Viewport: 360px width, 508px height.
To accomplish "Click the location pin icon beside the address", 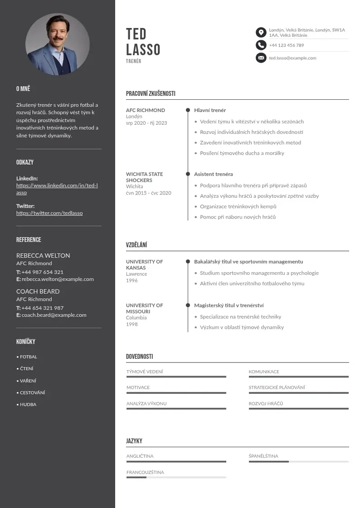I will click(x=261, y=32).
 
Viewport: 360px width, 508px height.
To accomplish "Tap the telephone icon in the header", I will click(x=261, y=45).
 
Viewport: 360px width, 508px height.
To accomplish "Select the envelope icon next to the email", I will click(x=261, y=58).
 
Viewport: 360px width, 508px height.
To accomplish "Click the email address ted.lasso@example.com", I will click(x=292, y=58).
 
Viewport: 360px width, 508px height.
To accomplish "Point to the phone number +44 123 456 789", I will click(x=286, y=45).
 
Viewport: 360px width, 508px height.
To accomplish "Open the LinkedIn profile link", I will click(x=57, y=186).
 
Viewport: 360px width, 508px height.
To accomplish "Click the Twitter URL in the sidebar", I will click(x=49, y=213).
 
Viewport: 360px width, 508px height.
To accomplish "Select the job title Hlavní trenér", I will click(x=210, y=110).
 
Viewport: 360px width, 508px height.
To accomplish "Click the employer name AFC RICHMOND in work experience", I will click(x=146, y=110).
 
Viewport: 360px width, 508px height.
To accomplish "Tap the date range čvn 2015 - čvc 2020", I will click(x=149, y=193).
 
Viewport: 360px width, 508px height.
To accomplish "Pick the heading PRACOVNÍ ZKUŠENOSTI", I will click(x=151, y=94).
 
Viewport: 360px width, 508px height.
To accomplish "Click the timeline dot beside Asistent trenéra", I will click(x=188, y=174).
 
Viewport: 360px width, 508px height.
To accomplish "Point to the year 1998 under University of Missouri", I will click(x=132, y=324).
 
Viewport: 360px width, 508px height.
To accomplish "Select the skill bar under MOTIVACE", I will click(x=176, y=393).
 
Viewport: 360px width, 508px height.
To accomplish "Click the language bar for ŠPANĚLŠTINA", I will click(x=298, y=462).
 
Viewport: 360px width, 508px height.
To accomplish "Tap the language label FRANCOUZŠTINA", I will click(x=145, y=472).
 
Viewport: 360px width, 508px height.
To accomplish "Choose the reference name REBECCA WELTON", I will click(x=43, y=255).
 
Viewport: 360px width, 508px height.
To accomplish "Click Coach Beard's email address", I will click(x=54, y=315).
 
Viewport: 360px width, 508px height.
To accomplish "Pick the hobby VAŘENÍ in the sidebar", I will click(x=28, y=381).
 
